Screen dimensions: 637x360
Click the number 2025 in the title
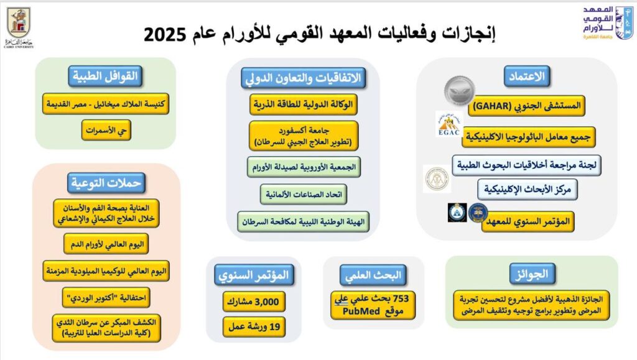coord(164,34)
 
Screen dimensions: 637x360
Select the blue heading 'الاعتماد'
coord(527,76)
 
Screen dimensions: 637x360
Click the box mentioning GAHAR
coord(526,106)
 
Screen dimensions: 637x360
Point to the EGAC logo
coord(449,124)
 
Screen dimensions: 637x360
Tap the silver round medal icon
coord(459,91)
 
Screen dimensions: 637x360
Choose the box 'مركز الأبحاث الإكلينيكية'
coord(528,190)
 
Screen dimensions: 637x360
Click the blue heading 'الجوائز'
coord(532,274)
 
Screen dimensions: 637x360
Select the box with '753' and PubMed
coord(373,305)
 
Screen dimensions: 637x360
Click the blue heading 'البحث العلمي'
coord(373,275)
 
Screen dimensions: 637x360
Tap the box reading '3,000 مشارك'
coord(254,302)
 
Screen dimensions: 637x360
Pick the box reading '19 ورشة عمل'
coord(254,326)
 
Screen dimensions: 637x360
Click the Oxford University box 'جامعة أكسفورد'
coord(304,136)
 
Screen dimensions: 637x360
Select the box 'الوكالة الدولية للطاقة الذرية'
coord(304,104)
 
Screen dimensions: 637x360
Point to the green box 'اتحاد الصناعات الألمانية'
coord(304,195)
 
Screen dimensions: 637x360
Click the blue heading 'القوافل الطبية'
coord(105,76)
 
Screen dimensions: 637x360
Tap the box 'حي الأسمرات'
coord(106,131)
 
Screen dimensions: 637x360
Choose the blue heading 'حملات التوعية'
coord(106,183)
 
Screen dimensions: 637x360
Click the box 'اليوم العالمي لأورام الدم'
coord(106,244)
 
